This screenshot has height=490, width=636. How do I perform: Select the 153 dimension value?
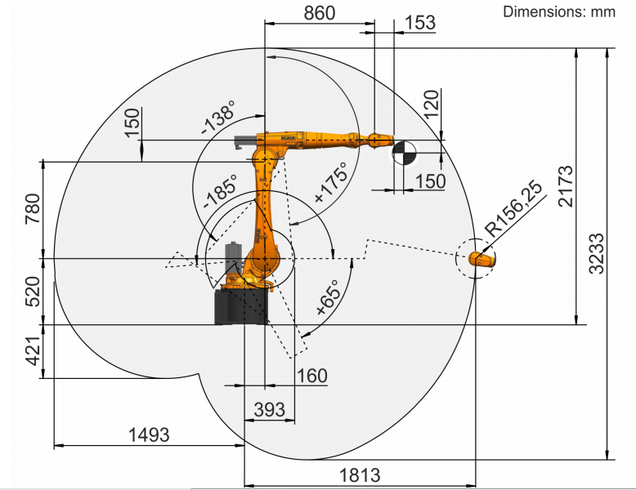[420, 22]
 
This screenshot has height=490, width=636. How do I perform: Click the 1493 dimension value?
[149, 434]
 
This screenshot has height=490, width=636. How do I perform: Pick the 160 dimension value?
[311, 376]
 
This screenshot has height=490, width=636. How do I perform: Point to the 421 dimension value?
[34, 351]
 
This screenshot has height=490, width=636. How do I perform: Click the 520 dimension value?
[34, 292]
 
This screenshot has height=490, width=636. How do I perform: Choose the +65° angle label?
[328, 300]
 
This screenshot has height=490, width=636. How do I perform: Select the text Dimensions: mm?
[558, 11]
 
